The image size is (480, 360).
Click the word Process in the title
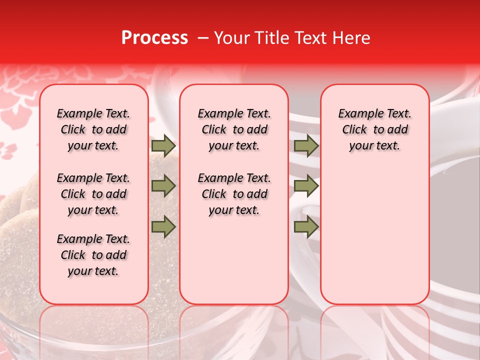154,38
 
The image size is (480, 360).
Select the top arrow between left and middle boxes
163,146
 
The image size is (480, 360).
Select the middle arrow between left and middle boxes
163,186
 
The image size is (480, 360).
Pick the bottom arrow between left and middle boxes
163,227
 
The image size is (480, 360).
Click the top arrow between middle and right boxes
306,146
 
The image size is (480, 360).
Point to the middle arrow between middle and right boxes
306,186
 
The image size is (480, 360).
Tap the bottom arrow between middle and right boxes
306,227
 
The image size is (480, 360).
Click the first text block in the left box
93,129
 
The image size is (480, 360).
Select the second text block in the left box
93,194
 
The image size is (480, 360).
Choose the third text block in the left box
93,255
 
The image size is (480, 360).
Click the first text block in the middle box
234,129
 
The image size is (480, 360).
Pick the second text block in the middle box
234,194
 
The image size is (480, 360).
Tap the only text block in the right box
374,129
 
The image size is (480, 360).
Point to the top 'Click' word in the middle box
214,130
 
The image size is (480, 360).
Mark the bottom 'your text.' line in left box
93,271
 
